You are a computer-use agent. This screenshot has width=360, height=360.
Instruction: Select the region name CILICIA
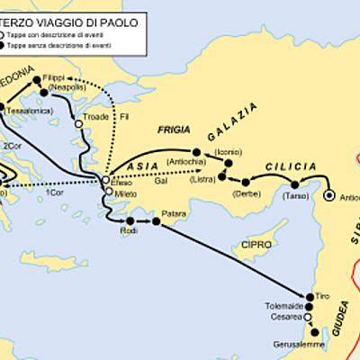pos(290,167)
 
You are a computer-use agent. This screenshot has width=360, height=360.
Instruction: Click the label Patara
pos(174,214)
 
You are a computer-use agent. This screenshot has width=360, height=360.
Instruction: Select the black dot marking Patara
pos(157,221)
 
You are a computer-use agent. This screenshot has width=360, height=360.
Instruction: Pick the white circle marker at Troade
pos(78,124)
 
